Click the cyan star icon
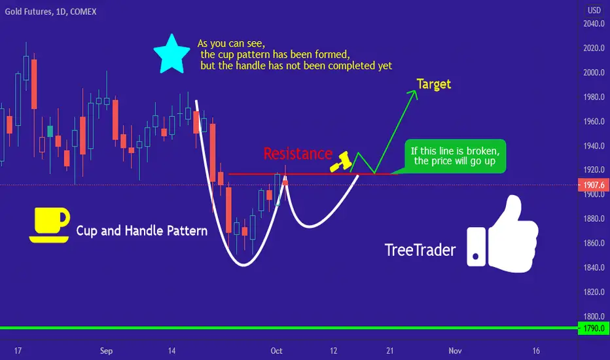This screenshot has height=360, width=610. (171, 54)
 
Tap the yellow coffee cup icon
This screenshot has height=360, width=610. (49, 225)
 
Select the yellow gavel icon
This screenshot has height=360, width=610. (341, 162)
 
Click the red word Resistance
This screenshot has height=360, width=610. (298, 154)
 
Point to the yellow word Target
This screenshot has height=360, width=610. (434, 84)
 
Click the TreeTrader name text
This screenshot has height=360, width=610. (420, 250)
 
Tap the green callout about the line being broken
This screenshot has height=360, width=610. (455, 156)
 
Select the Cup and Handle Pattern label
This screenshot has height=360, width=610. (141, 231)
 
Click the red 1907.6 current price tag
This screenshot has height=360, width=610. (594, 185)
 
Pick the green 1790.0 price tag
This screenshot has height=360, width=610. (594, 328)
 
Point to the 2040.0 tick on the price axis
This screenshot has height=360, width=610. (594, 24)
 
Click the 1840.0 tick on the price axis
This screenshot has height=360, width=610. (594, 267)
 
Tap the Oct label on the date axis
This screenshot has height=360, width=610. (276, 351)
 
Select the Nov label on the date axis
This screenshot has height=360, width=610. (455, 351)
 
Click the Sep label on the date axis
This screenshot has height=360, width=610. (106, 351)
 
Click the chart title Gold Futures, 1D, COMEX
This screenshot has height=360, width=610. (50, 12)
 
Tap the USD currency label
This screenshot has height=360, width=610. (594, 10)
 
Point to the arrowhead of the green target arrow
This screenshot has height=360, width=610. (415, 91)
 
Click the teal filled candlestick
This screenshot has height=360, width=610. (50, 131)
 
